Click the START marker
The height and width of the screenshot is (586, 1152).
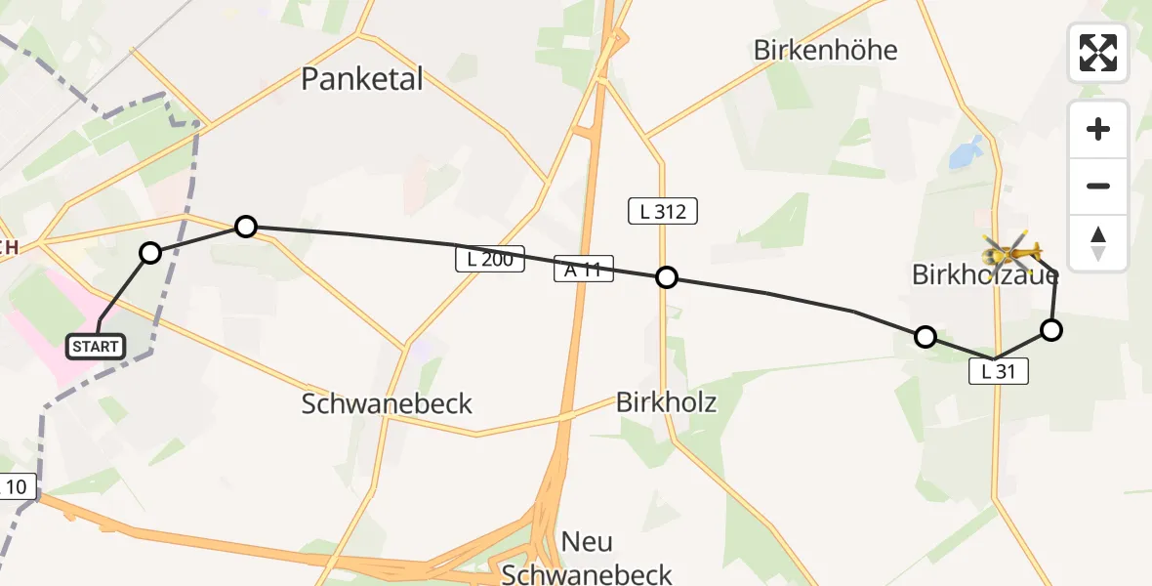coord(96,346)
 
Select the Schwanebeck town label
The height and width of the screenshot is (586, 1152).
coord(387,403)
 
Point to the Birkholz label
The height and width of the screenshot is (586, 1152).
coord(667,401)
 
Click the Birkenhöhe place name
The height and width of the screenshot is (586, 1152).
coord(825,51)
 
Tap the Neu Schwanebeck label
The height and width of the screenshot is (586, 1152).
coord(587,558)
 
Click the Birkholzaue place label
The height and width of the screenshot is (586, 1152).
coord(984,275)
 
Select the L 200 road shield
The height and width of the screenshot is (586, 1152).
coord(490,260)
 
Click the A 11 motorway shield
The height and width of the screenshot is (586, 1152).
coord(583,270)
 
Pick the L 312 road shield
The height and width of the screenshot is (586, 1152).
coord(663,211)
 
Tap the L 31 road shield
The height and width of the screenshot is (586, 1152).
coord(999,371)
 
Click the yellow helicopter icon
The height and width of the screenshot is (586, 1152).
coord(1011,254)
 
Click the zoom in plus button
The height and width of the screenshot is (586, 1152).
coord(1098,129)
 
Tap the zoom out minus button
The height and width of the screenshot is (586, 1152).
coord(1098,186)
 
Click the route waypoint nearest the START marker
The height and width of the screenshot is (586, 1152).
coord(150,253)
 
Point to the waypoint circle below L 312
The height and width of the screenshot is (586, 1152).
coord(666,277)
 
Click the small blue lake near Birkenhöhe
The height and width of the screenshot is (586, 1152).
coord(964,152)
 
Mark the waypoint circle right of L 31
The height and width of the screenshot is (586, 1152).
coord(1050,330)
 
